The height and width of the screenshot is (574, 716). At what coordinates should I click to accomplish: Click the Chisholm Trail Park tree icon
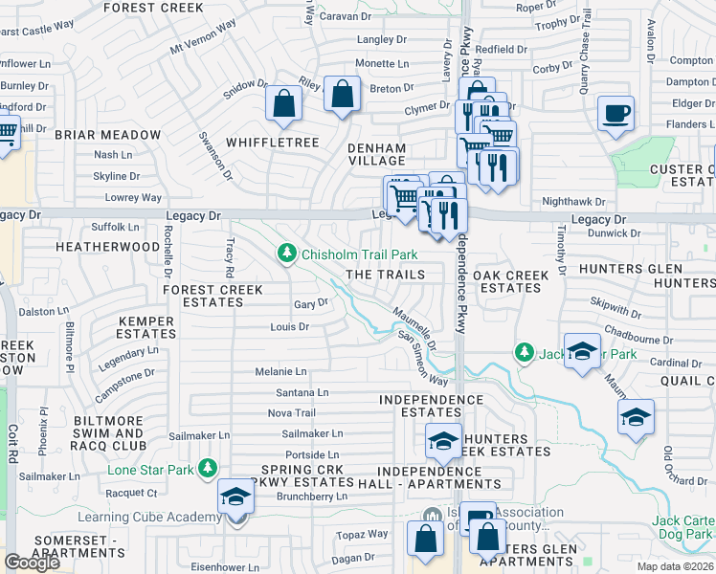coord(286,254)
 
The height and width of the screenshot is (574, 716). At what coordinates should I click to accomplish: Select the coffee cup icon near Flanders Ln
coord(615,114)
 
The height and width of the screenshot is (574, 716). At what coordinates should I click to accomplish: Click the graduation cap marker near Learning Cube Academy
coord(235,497)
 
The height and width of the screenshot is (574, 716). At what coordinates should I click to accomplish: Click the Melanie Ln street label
coord(280,371)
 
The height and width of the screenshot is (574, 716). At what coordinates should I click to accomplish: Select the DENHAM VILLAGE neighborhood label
coord(376,155)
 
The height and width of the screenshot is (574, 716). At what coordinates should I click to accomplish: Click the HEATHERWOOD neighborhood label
coord(107,246)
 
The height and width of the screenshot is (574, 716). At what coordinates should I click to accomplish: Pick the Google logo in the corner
coord(32,562)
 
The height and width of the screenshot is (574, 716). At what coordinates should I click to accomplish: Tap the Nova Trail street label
coord(291,413)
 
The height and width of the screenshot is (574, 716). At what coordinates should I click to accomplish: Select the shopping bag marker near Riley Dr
coord(342,95)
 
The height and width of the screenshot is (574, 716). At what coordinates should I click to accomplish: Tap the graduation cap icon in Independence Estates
coord(443,441)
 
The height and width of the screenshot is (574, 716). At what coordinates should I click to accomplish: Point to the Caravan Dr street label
coord(345,17)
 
